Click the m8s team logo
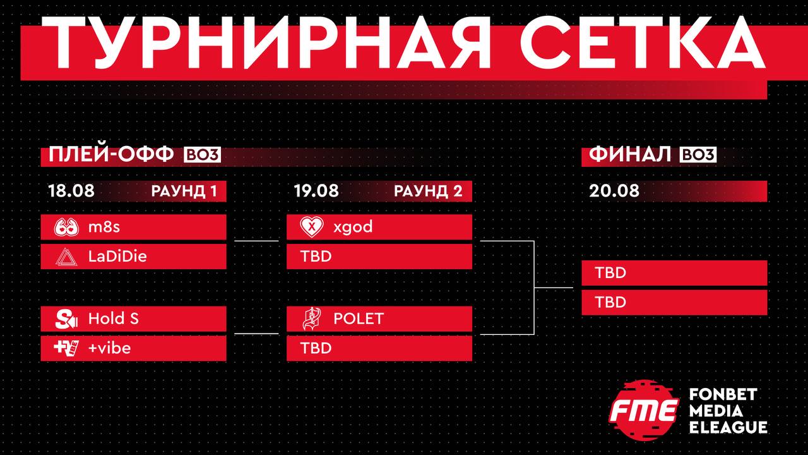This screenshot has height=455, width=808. pos(66,227)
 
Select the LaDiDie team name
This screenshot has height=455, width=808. pos(117,257)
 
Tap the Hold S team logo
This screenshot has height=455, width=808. pos(66,319)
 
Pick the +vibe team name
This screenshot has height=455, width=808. pos(109,348)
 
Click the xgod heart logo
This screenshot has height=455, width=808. pos(312,227)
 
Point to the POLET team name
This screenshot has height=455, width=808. pos(359,318)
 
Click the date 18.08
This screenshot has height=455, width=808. pos(71,191)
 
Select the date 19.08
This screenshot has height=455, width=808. pos(316,191)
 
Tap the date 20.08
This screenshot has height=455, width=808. pos(614,191)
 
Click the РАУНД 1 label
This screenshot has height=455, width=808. pos(184,191)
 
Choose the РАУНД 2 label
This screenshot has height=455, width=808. pos(428,191)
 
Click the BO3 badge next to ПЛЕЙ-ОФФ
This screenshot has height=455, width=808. pos(203,155)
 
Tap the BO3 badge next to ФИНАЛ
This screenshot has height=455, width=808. pos(698,155)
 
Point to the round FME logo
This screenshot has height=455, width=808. pos(645,410)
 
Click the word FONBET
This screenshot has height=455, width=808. pos(723,394)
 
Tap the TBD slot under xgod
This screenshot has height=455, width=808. pos(379,257)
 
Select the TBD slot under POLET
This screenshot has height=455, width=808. pos(379,348)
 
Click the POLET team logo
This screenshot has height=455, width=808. pos(311,319)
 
